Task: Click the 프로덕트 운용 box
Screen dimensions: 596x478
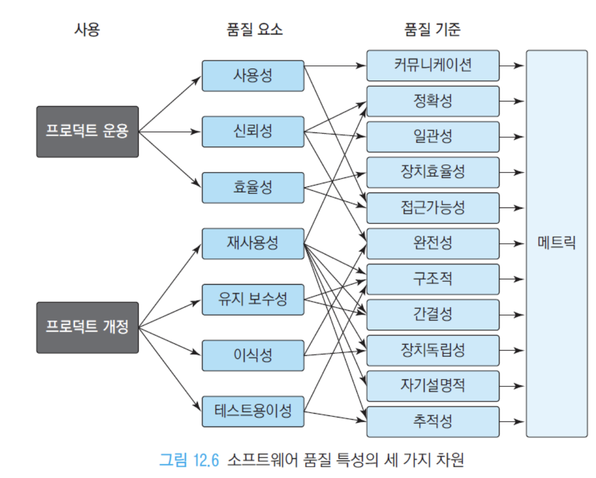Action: tap(87, 132)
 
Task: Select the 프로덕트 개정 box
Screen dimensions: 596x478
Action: tap(87, 327)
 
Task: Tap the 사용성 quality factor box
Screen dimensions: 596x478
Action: tap(253, 76)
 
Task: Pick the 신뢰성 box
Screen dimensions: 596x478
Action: tap(253, 131)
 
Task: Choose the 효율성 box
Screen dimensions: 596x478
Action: tap(253, 188)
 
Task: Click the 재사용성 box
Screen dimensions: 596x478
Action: tap(253, 244)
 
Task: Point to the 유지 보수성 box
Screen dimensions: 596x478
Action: tap(253, 300)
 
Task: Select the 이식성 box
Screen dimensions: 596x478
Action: tap(253, 355)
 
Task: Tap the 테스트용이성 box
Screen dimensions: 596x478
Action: tap(253, 412)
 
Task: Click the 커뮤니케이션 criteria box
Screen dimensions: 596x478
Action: tap(433, 65)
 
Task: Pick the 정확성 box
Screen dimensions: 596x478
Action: tap(433, 101)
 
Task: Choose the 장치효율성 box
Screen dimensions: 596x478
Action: tap(433, 173)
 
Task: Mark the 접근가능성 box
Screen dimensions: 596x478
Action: tap(433, 208)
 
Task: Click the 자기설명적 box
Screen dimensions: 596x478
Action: tap(433, 386)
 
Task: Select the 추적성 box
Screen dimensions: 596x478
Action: tap(433, 422)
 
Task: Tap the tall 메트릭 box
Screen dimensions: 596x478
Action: tap(557, 244)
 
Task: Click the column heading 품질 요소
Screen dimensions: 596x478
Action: tap(255, 29)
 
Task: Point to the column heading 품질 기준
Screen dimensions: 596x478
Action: tap(433, 29)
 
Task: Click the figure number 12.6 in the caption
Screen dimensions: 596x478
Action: tap(206, 460)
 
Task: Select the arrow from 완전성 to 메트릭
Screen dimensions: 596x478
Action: tap(512, 244)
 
